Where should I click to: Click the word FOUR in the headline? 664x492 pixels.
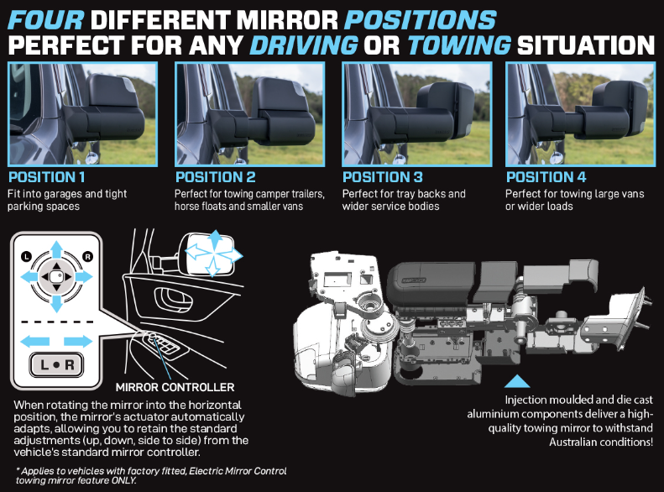pyautogui.click(x=45, y=20)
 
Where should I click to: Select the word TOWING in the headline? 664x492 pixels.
pyautogui.click(x=459, y=45)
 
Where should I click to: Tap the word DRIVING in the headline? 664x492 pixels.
pyautogui.click(x=304, y=45)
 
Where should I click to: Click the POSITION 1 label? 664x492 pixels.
pyautogui.click(x=46, y=177)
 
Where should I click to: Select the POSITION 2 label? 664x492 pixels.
pyautogui.click(x=216, y=177)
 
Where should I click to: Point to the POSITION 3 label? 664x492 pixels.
pyautogui.click(x=383, y=177)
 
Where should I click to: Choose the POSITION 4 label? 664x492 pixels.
pyautogui.click(x=546, y=177)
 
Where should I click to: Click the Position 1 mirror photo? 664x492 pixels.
pyautogui.click(x=82, y=114)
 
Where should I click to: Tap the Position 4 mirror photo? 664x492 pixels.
pyautogui.click(x=580, y=114)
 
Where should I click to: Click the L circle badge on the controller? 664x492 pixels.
pyautogui.click(x=26, y=257)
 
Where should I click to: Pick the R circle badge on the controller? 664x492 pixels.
pyautogui.click(x=87, y=257)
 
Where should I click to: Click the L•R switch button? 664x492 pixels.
pyautogui.click(x=57, y=364)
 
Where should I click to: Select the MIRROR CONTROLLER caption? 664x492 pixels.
pyautogui.click(x=175, y=387)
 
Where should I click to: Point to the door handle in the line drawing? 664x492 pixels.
pyautogui.click(x=174, y=300)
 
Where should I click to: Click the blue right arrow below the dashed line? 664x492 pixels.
pyautogui.click(x=78, y=341)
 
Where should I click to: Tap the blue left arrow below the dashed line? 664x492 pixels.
pyautogui.click(x=34, y=341)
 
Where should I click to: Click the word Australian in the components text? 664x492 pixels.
pyautogui.click(x=573, y=442)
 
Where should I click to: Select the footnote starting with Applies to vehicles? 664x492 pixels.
pyautogui.click(x=151, y=475)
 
